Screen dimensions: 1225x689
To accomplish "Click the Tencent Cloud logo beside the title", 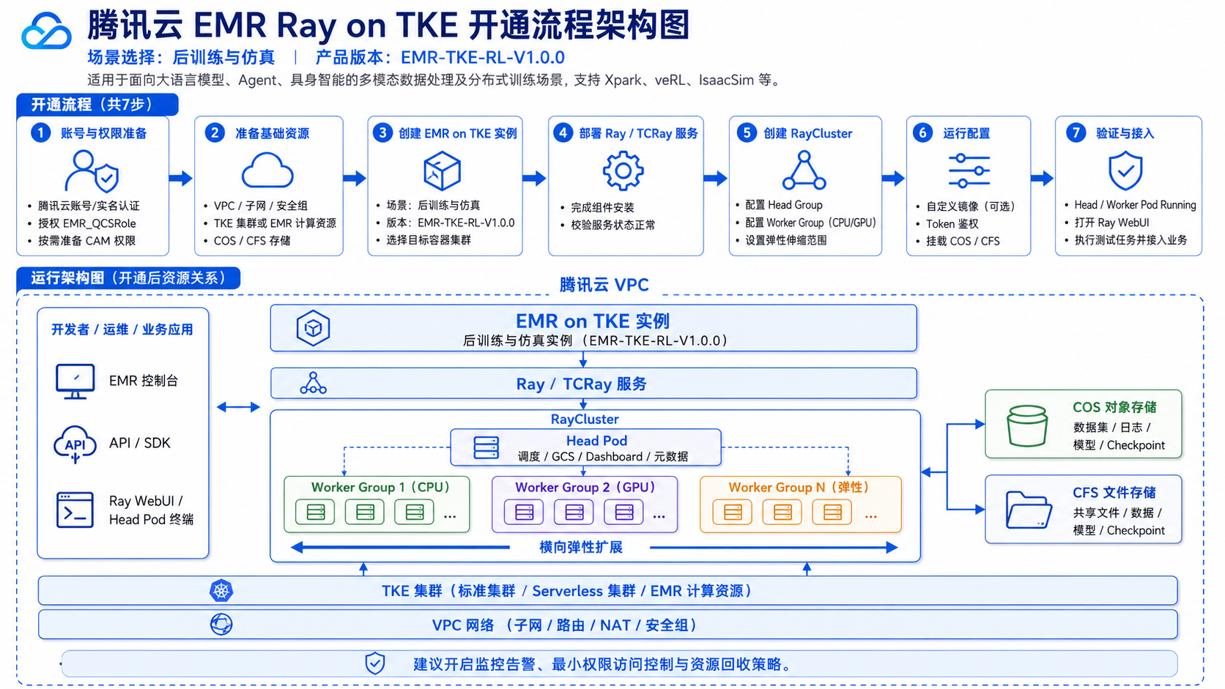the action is pyautogui.click(x=46, y=31).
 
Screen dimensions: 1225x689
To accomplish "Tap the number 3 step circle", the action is pyautogui.click(x=382, y=133).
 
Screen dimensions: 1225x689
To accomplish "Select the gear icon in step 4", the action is pyautogui.click(x=623, y=171).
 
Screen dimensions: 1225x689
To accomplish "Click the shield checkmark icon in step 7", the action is pyautogui.click(x=1125, y=171).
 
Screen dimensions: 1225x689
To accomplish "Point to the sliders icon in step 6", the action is pyautogui.click(x=969, y=171).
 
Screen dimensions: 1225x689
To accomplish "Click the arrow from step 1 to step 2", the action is pyautogui.click(x=180, y=178).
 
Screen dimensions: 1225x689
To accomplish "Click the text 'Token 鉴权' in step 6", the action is pyautogui.click(x=952, y=223).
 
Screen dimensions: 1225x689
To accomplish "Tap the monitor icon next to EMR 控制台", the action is pyautogui.click(x=75, y=381).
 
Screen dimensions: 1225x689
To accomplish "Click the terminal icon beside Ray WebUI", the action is pyautogui.click(x=75, y=510).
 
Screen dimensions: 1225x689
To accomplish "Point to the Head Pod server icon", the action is pyautogui.click(x=486, y=447).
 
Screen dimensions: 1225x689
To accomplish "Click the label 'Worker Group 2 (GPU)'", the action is pyautogui.click(x=585, y=487).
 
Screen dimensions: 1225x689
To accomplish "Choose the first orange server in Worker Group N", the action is pyautogui.click(x=732, y=512).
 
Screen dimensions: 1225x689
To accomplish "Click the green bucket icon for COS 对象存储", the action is pyautogui.click(x=1027, y=425).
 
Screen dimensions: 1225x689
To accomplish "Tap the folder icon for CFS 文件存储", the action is pyautogui.click(x=1028, y=510).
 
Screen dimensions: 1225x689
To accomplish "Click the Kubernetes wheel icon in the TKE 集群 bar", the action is pyautogui.click(x=221, y=591).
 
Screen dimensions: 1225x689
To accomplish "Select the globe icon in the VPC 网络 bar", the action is pyautogui.click(x=221, y=624).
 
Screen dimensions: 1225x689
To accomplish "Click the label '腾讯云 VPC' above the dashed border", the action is pyautogui.click(x=604, y=285).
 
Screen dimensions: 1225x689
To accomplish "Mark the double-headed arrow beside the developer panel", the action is pyautogui.click(x=238, y=406).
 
